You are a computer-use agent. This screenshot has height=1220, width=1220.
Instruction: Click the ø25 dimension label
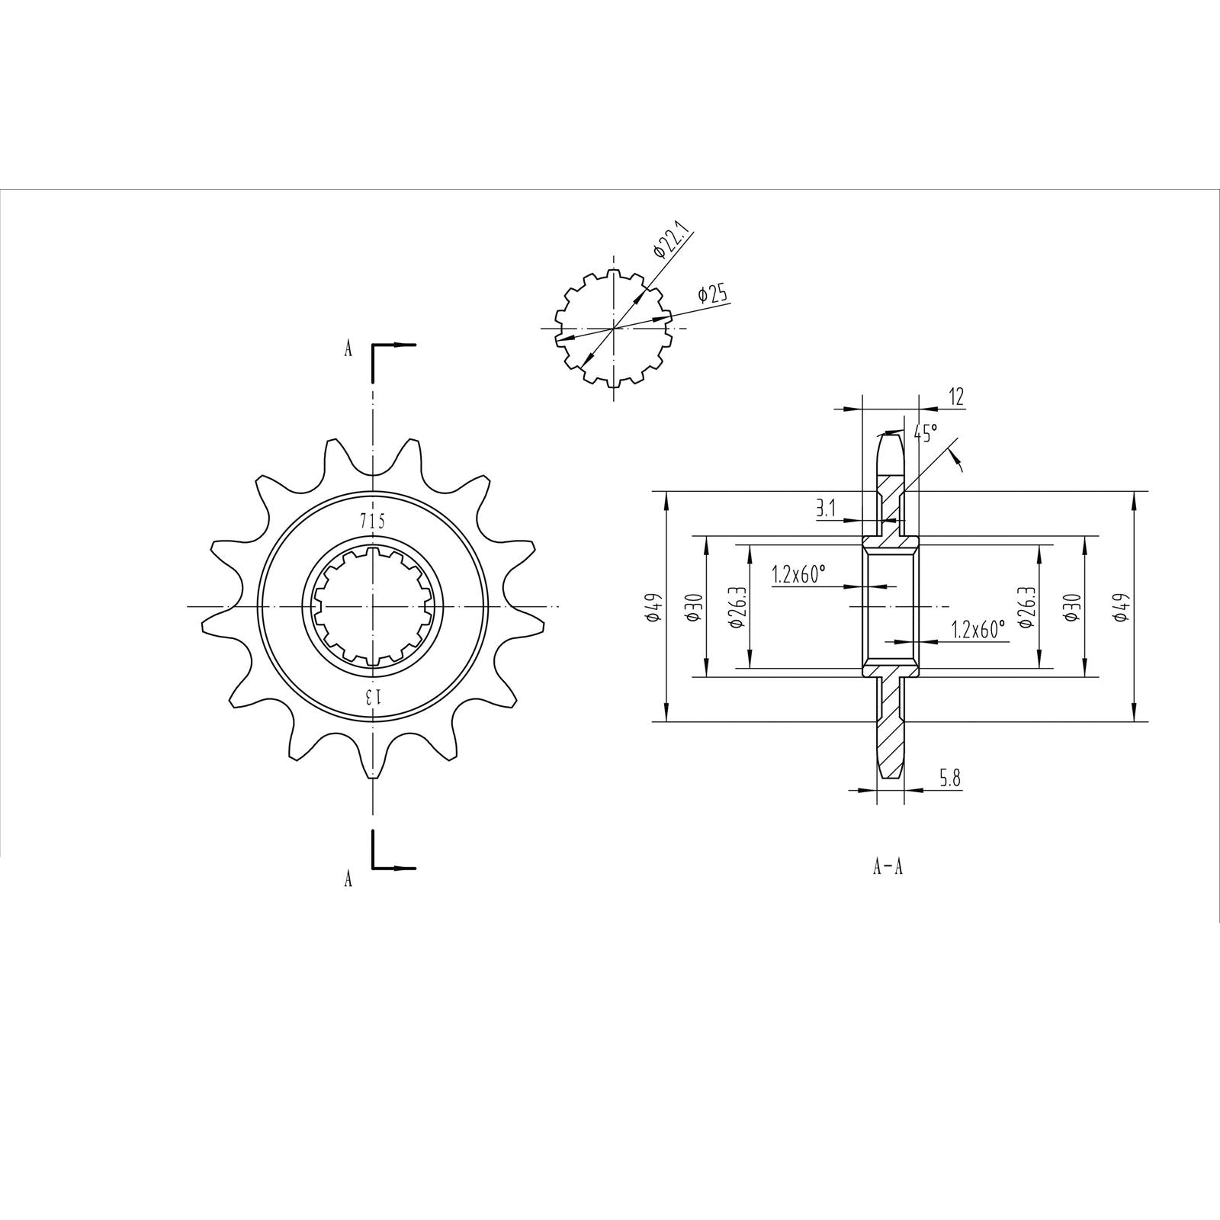point(712,294)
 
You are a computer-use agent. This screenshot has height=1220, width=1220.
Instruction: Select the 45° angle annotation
point(925,433)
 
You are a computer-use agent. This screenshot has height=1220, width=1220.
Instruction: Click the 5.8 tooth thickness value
point(949,779)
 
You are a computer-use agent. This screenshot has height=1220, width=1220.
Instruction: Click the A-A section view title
point(888,867)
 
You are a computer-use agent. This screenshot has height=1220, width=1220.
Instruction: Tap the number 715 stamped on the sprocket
point(372,521)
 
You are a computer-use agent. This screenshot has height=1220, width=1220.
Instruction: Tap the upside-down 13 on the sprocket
point(372,695)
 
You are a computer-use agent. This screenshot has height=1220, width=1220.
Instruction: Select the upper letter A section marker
point(348,349)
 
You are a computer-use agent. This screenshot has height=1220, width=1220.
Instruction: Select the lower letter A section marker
point(348,879)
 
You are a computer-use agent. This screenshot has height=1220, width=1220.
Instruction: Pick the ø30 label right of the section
point(1071,607)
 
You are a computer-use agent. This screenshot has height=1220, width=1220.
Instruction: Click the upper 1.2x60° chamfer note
point(798,573)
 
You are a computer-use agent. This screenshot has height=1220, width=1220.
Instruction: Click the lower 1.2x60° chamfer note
point(978,629)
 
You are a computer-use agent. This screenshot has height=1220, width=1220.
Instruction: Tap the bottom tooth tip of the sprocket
point(372,776)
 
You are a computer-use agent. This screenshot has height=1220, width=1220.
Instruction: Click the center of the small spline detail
point(613,329)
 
